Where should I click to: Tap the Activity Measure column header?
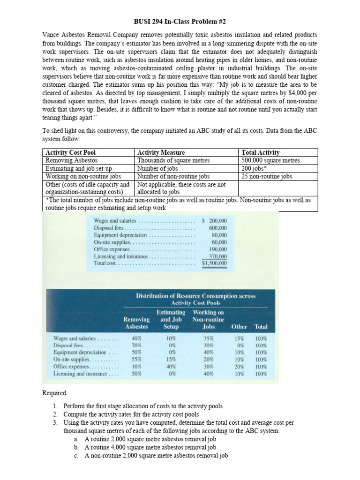[x=161, y=152]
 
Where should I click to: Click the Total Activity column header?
[x=261, y=152]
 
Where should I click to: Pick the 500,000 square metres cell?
[x=270, y=160]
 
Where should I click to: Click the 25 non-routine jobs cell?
[x=266, y=176]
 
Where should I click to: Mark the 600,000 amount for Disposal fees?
[x=217, y=228]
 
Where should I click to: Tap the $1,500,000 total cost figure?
[x=214, y=263]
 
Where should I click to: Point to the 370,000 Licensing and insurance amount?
[x=217, y=256]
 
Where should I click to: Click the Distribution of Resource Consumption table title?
[x=195, y=299]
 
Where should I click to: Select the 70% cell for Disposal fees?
[x=136, y=345]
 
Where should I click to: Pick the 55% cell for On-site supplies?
[x=136, y=359]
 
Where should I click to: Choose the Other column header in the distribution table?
[x=239, y=327]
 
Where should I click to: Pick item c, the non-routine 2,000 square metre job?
[x=156, y=455]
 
